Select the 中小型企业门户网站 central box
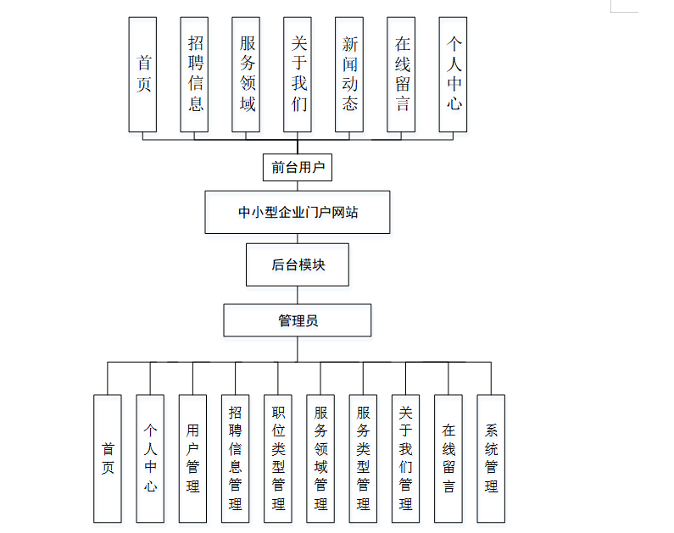click(298, 212)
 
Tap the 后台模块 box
click(298, 265)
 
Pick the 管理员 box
click(298, 320)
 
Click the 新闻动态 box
click(349, 75)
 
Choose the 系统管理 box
click(491, 458)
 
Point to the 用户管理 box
click(193, 458)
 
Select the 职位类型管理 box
click(278, 458)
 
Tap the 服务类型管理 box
click(363, 458)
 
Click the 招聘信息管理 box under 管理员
click(236, 458)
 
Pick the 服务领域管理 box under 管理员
click(320, 458)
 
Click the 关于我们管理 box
click(405, 458)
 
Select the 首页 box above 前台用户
click(142, 75)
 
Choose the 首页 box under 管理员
click(108, 458)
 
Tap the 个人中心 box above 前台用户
click(453, 75)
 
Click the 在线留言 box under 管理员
click(448, 458)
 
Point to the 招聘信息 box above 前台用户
click(194, 75)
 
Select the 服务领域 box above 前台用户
click(246, 75)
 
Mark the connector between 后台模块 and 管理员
click(298, 296)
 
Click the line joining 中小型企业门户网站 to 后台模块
click(298, 239)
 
